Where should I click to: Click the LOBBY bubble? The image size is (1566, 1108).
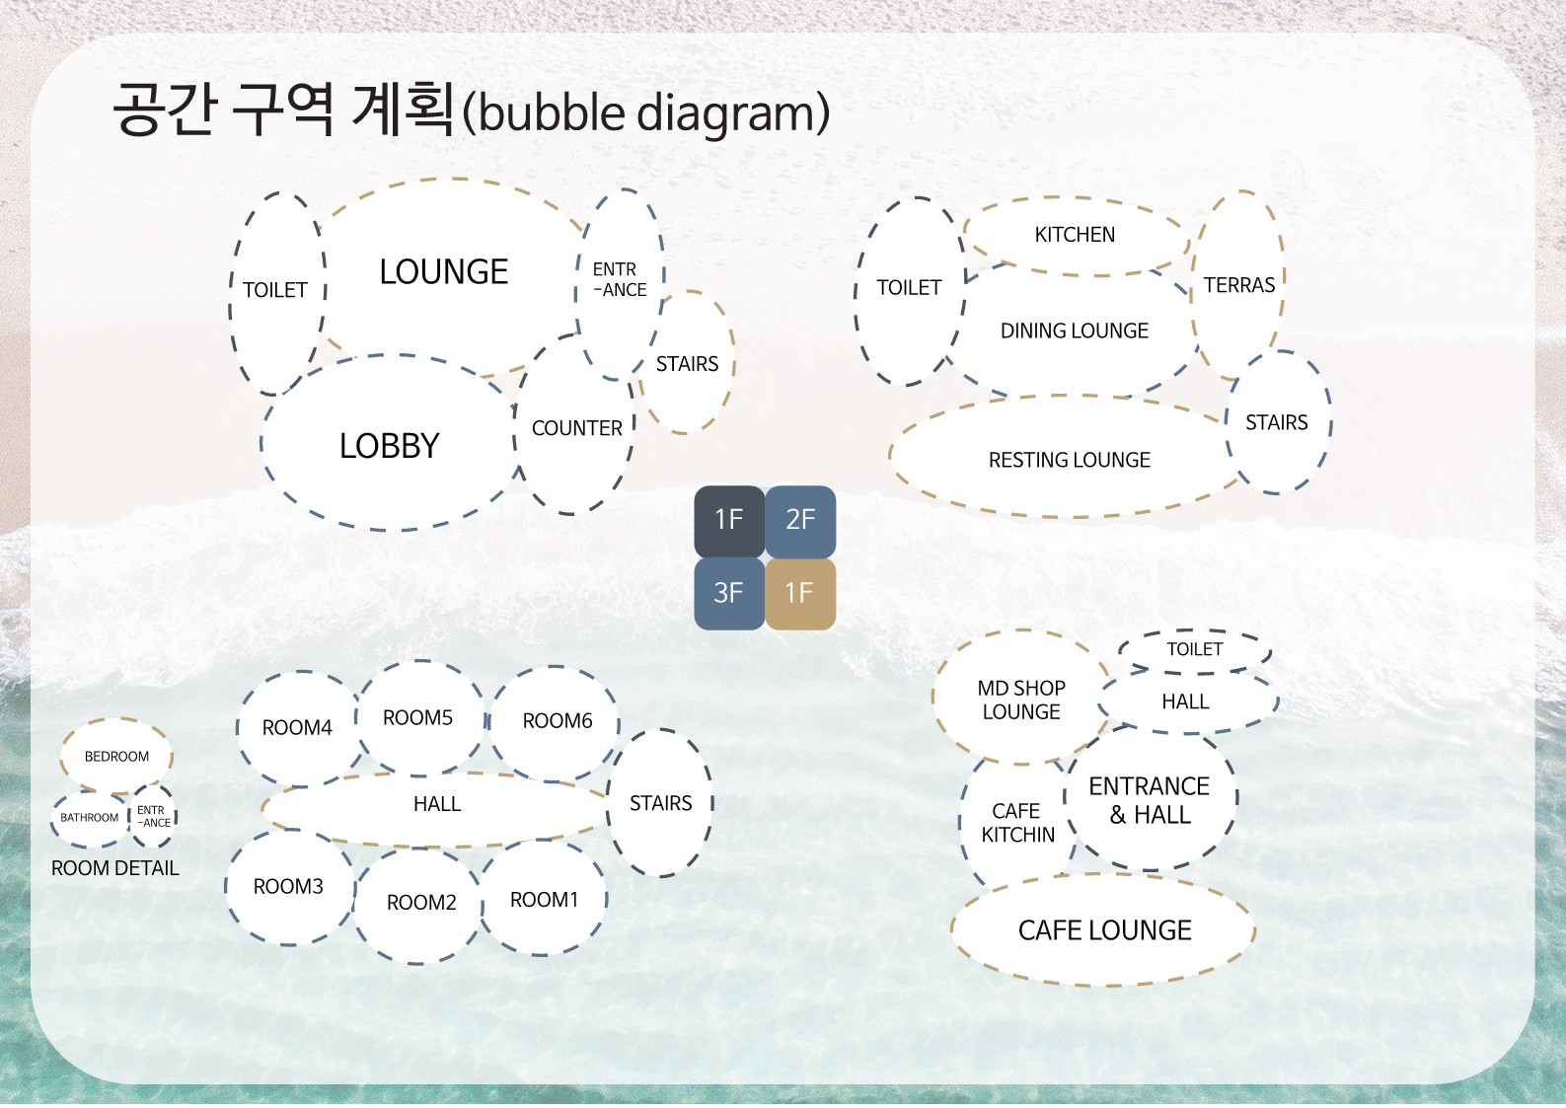pyautogui.click(x=390, y=443)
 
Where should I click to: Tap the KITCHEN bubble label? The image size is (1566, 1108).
pyautogui.click(x=1075, y=234)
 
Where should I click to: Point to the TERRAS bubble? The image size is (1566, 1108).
pyautogui.click(x=1238, y=285)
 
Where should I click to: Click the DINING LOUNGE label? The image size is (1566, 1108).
pyautogui.click(x=1074, y=331)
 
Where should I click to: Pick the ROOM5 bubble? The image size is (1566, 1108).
pyautogui.click(x=419, y=718)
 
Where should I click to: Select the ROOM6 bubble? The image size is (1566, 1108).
pyautogui.click(x=556, y=723)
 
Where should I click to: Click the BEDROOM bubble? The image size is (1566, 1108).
pyautogui.click(x=116, y=756)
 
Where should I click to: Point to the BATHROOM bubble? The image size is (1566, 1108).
pyautogui.click(x=90, y=818)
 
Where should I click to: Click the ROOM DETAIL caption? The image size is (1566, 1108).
pyautogui.click(x=115, y=868)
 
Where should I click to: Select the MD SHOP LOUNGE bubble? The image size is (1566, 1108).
pyautogui.click(x=1021, y=697)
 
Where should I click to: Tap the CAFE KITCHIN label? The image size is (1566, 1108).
pyautogui.click(x=1017, y=823)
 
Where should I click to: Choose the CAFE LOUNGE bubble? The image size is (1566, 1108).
pyautogui.click(x=1104, y=929)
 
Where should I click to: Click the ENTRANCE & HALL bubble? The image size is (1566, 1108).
pyautogui.click(x=1150, y=799)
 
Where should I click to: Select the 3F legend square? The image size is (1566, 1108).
pyautogui.click(x=729, y=594)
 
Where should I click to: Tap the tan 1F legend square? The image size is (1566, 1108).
pyautogui.click(x=800, y=594)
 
